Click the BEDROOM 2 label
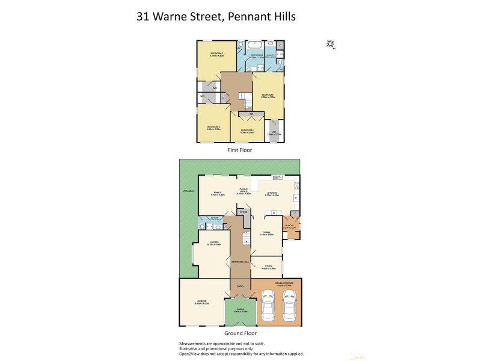[x=217, y=54]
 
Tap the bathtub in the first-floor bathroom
[x=255, y=45]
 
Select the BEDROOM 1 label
[x=268, y=96]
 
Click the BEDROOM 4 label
[x=248, y=130]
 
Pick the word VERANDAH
[x=188, y=191]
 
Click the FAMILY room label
[x=217, y=193]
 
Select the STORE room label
[x=244, y=212]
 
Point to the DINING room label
[x=266, y=233]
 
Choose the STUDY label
[x=268, y=266]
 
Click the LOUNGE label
[x=214, y=242]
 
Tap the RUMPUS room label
[x=201, y=302]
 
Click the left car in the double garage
[x=268, y=303]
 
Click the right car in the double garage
[x=290, y=303]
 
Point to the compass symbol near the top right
[x=330, y=44]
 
